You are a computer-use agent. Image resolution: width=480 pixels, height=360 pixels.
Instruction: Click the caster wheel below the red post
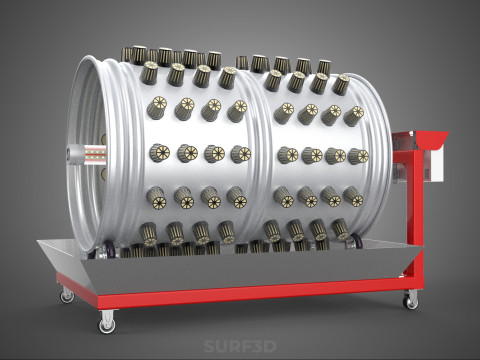pos(410,300)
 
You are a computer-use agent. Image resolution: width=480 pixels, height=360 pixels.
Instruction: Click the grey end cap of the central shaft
pos(71,153)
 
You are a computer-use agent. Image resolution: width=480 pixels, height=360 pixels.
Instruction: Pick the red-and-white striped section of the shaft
pos(93,153)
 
